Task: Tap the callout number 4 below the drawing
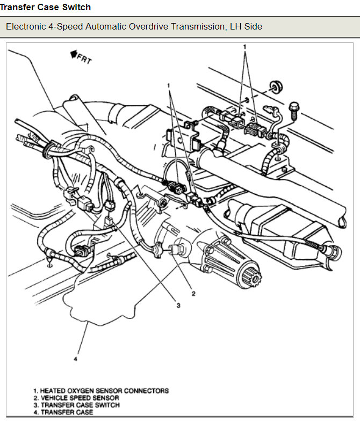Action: pos(76,359)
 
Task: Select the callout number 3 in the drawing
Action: pos(178,305)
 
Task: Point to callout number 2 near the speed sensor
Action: pos(193,294)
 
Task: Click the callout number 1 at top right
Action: pos(245,47)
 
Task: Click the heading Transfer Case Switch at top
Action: pos(46,7)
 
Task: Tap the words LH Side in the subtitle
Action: pos(247,26)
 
